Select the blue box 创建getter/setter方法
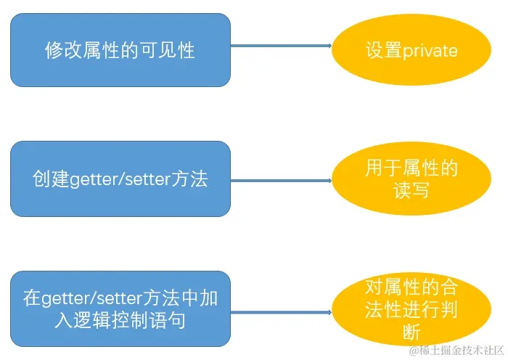click(120, 179)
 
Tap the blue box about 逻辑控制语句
click(120, 308)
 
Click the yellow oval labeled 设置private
click(411, 50)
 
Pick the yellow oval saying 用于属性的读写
click(411, 180)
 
